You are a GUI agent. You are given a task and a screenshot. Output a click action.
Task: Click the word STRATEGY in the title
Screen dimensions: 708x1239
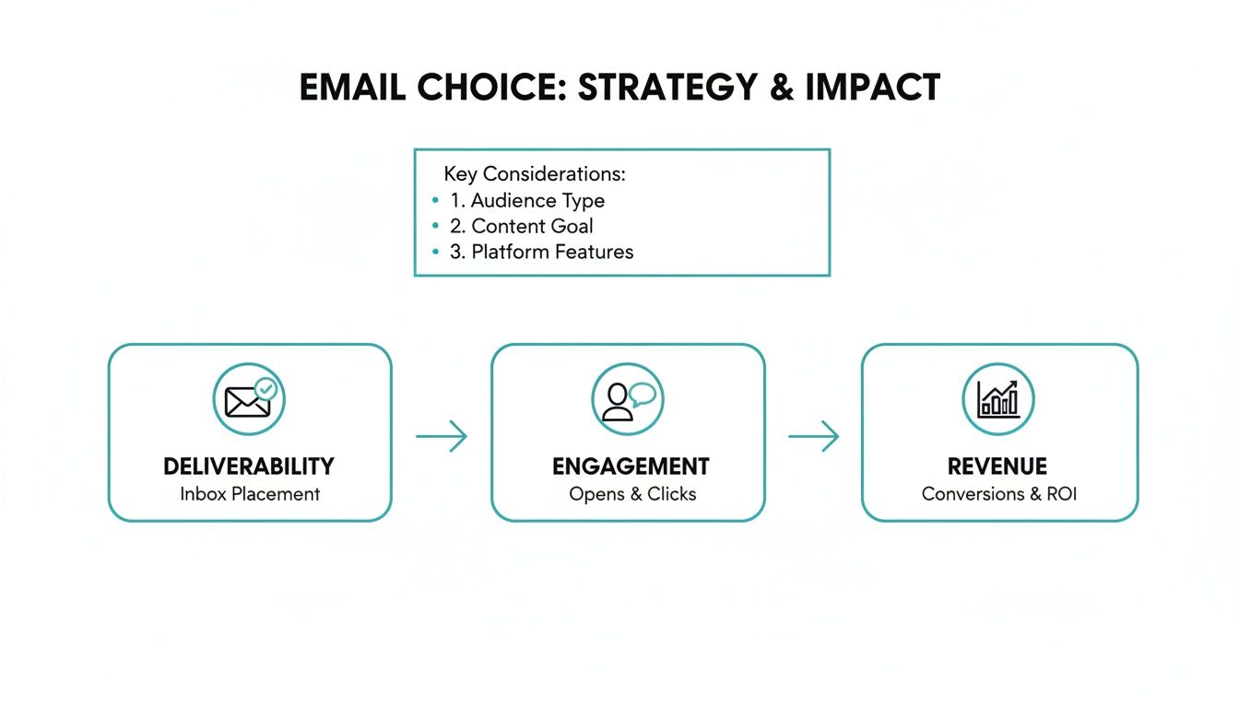666,87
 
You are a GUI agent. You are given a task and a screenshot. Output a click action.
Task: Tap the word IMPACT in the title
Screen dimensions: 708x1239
872,87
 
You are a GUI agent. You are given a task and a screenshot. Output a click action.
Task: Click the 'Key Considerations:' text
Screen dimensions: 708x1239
535,174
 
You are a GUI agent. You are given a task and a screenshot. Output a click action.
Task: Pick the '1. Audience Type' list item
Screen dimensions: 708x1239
526,200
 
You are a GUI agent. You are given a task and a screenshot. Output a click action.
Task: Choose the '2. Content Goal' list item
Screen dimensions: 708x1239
521,226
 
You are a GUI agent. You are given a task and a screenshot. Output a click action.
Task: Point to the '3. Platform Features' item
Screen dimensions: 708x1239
541,252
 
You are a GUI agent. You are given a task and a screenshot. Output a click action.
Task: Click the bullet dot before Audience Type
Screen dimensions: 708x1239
435,200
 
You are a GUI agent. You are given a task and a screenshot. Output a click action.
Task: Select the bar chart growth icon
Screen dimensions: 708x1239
998,399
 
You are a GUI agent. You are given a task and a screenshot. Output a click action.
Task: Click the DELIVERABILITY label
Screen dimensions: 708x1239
249,466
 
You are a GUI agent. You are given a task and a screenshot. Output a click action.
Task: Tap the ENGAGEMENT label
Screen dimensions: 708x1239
631,466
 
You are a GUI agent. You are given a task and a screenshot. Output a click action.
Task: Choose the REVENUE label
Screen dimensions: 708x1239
997,466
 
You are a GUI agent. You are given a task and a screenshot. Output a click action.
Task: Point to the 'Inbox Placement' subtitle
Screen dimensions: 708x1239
250,494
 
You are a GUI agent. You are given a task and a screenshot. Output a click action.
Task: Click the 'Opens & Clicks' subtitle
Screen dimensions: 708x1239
632,494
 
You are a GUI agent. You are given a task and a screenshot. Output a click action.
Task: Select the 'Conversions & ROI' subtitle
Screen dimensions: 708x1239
999,494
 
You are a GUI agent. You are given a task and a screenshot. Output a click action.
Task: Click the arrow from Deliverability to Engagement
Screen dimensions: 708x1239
442,436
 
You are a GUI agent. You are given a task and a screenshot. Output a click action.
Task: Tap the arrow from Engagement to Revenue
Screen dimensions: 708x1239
813,436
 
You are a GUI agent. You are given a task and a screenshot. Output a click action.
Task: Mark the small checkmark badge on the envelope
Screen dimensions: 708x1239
265,388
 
